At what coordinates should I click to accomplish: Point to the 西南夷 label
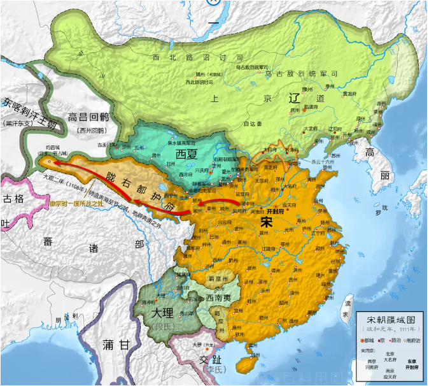223,298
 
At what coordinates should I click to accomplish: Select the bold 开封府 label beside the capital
276,210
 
